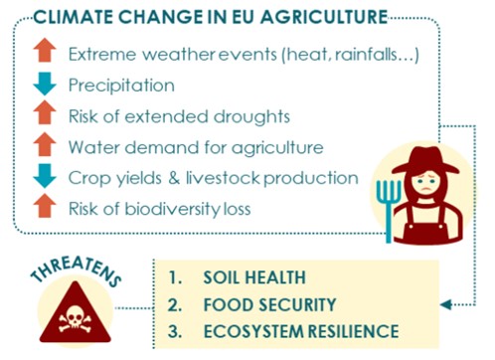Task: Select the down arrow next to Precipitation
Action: click(44, 86)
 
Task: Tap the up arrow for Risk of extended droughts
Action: click(44, 115)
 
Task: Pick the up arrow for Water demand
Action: click(44, 146)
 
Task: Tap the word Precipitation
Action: click(121, 86)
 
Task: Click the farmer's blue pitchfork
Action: click(391, 197)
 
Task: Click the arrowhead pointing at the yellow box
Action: click(444, 304)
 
